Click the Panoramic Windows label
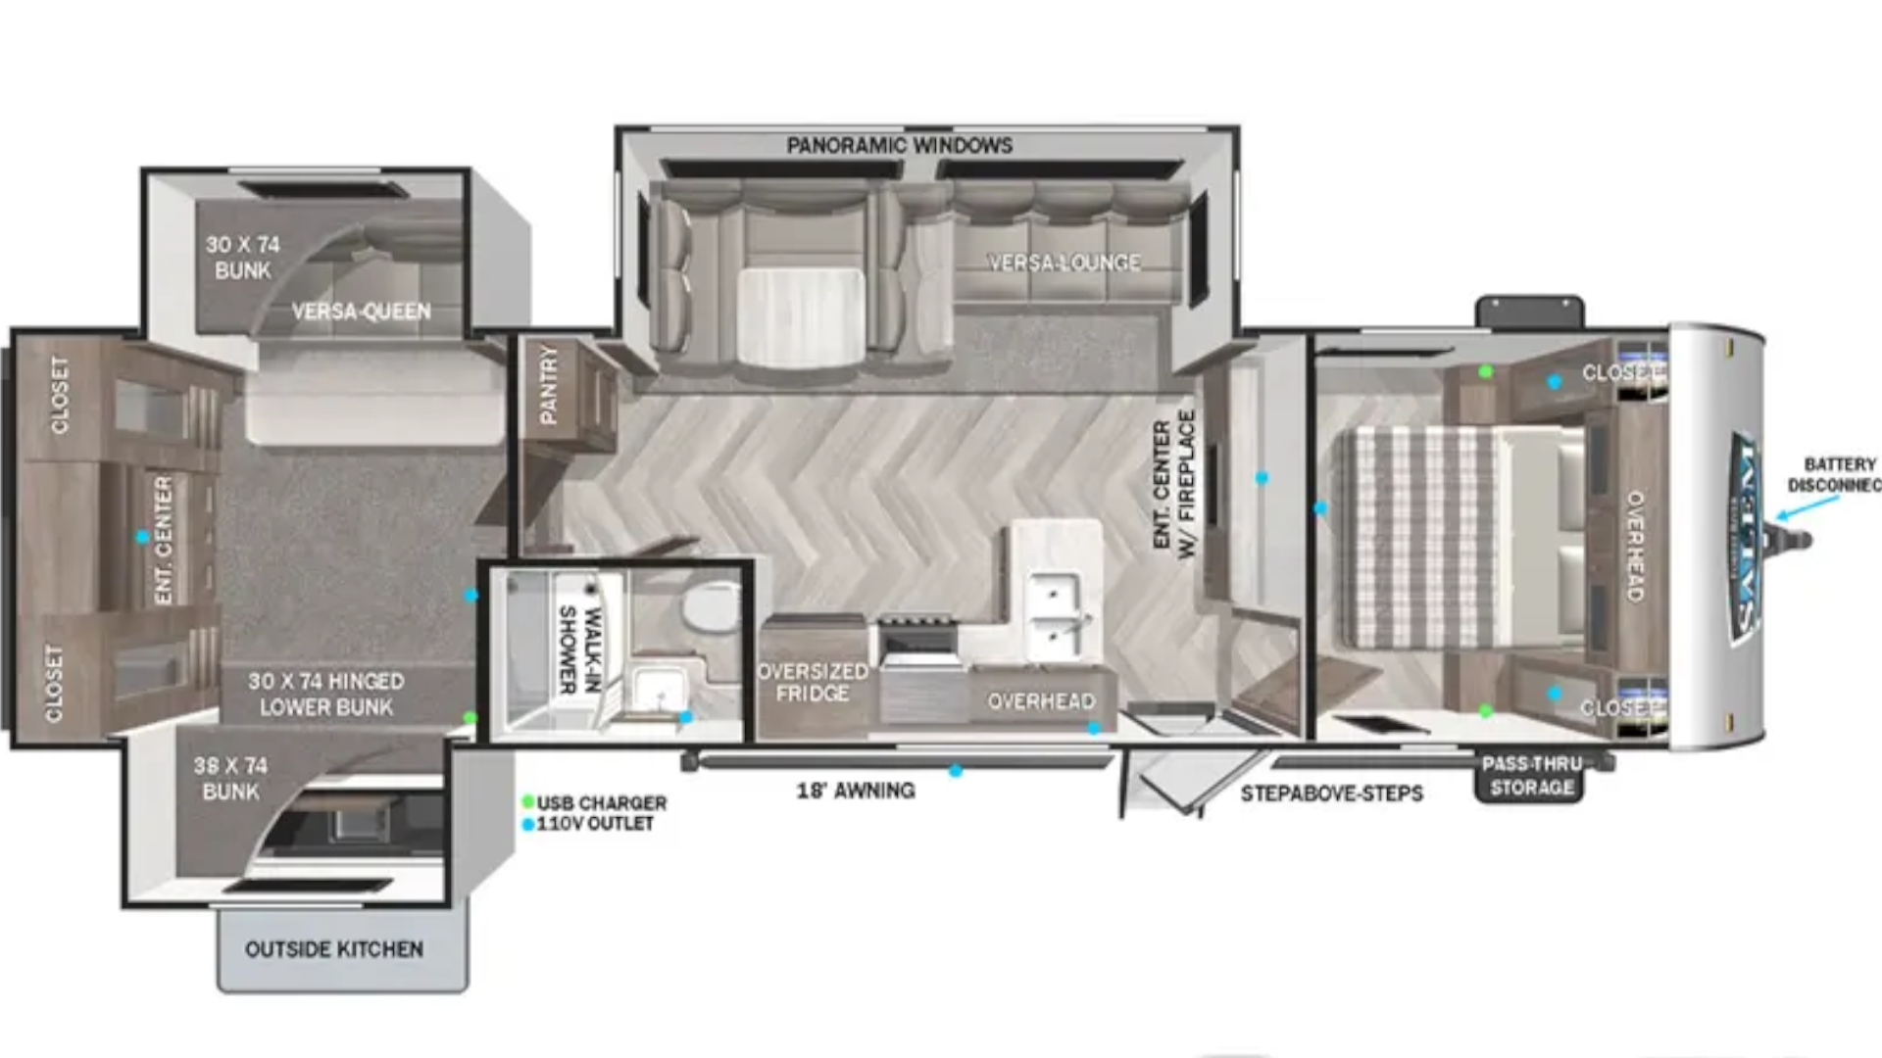[899, 146]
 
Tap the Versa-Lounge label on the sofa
[1064, 263]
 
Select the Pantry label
[548, 385]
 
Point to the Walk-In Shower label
[579, 649]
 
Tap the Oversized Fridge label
[813, 683]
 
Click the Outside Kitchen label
[334, 949]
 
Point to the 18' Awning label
[855, 791]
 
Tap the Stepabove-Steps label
[1331, 793]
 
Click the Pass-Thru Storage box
[1530, 777]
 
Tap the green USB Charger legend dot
[528, 802]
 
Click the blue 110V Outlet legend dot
[528, 824]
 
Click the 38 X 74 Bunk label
[230, 778]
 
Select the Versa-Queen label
[361, 312]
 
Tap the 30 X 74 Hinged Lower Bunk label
[325, 694]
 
